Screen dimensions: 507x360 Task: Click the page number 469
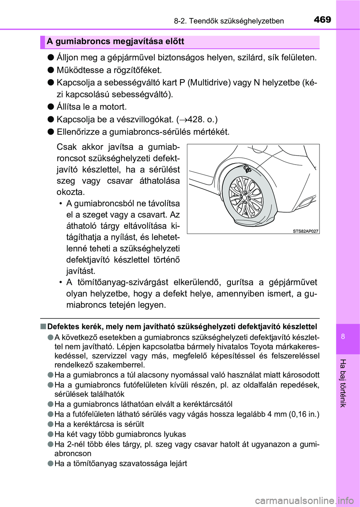coord(322,19)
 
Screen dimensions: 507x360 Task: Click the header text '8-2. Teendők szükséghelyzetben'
coord(229,21)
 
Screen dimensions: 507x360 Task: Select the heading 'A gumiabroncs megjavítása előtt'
coord(115,42)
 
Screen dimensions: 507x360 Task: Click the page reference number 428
coord(196,120)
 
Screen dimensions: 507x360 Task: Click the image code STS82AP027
coord(305,231)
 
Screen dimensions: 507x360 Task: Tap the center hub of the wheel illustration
coord(244,197)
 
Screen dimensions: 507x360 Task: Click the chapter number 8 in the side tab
coord(343,336)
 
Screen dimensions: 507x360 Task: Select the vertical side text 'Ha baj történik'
coord(343,383)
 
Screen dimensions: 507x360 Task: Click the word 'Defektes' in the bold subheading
coord(63,327)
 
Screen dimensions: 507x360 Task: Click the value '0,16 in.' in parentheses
coord(304,414)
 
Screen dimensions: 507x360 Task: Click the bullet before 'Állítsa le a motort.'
coord(51,107)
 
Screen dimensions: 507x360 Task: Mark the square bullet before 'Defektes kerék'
coord(43,327)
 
